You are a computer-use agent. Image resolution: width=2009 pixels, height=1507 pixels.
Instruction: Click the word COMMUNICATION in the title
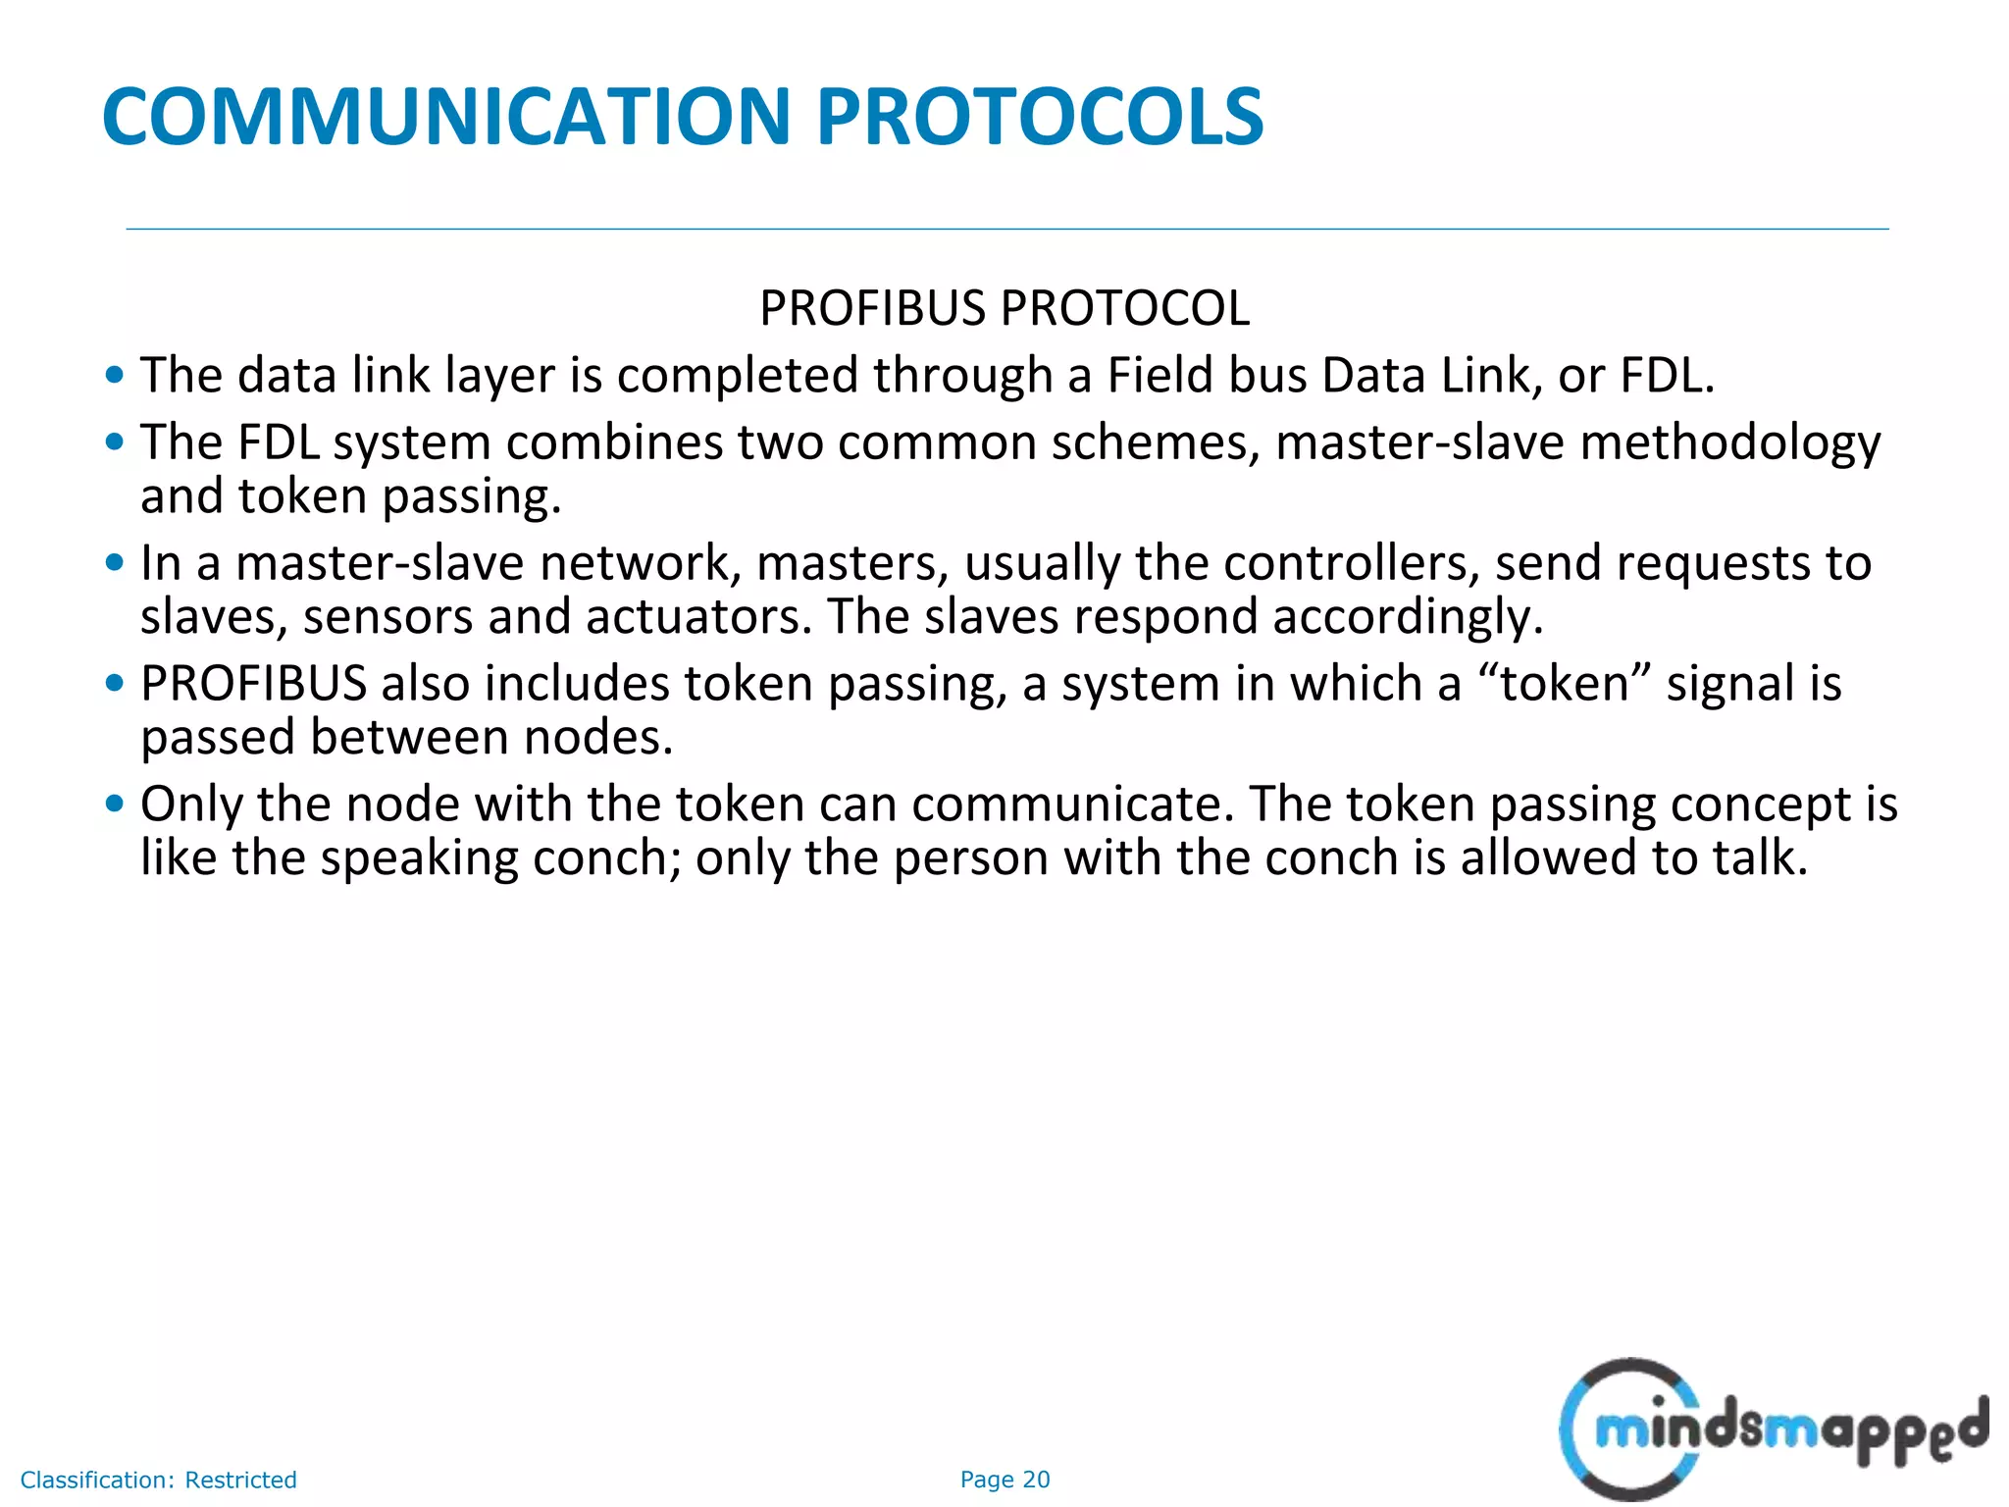[446, 117]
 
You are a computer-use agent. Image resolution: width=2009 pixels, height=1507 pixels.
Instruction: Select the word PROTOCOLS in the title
[1040, 117]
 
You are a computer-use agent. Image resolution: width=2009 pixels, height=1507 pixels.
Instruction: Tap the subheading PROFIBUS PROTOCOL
[1004, 308]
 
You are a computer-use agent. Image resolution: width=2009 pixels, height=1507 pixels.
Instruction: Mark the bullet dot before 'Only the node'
[116, 805]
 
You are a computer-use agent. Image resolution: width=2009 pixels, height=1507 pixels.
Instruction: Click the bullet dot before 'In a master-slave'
[116, 563]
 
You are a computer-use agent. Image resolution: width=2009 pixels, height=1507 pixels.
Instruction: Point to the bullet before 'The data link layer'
[116, 375]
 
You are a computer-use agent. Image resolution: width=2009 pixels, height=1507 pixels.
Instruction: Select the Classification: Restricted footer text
[158, 1480]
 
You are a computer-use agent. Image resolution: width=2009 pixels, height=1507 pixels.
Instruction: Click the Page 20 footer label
[1004, 1480]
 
